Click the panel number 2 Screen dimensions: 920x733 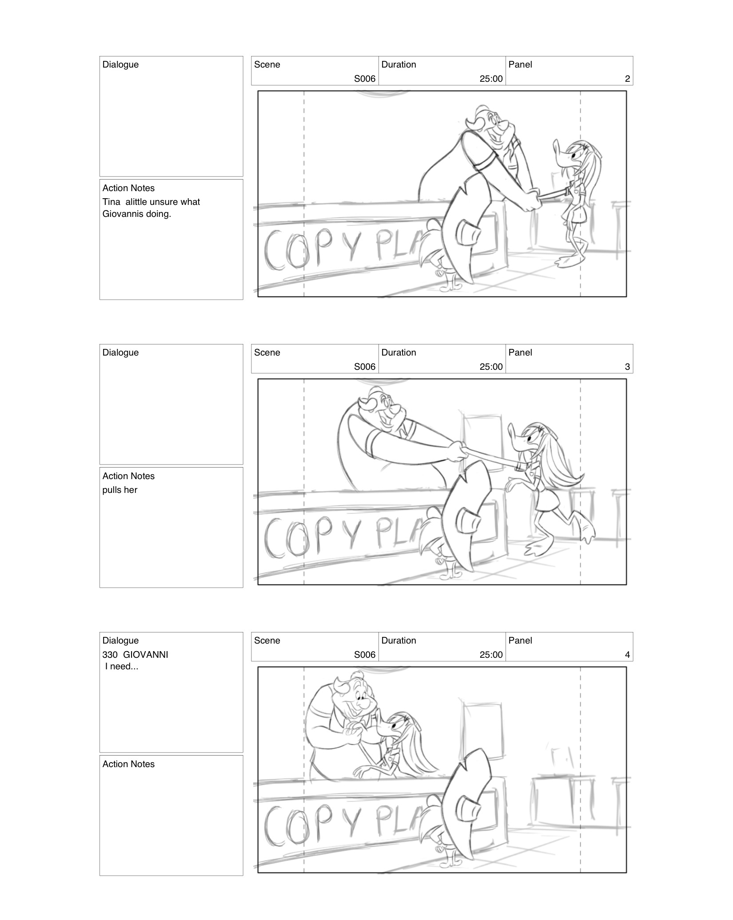click(x=627, y=79)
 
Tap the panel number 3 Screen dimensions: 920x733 click(x=627, y=367)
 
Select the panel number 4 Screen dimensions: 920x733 click(x=627, y=655)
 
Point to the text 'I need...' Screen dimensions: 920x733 click(x=122, y=666)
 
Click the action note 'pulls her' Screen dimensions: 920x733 click(x=120, y=490)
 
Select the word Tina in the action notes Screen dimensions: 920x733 click(x=111, y=202)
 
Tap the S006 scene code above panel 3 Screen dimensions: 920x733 click(x=364, y=367)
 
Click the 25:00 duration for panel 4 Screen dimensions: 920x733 click(x=491, y=655)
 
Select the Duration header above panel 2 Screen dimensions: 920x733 click(x=398, y=64)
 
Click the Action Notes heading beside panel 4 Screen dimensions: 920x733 click(x=128, y=764)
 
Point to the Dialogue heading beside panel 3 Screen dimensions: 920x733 click(x=120, y=352)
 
